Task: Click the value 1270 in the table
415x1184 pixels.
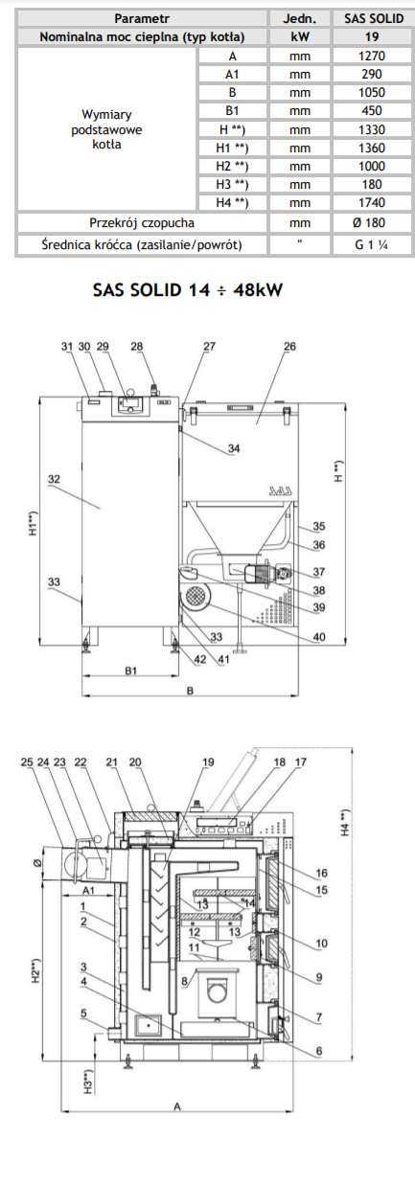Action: coord(372,56)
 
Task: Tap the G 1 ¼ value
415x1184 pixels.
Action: coord(373,244)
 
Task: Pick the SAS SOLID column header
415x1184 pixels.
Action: coord(374,19)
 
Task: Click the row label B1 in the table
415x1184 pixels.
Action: coord(232,111)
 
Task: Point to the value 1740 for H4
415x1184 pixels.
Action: coord(372,202)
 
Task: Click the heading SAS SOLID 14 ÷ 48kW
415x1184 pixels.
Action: coord(188,289)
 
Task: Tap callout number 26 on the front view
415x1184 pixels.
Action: coord(289,346)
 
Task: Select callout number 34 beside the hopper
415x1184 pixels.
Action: coord(234,448)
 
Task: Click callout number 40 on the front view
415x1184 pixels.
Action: coord(319,637)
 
